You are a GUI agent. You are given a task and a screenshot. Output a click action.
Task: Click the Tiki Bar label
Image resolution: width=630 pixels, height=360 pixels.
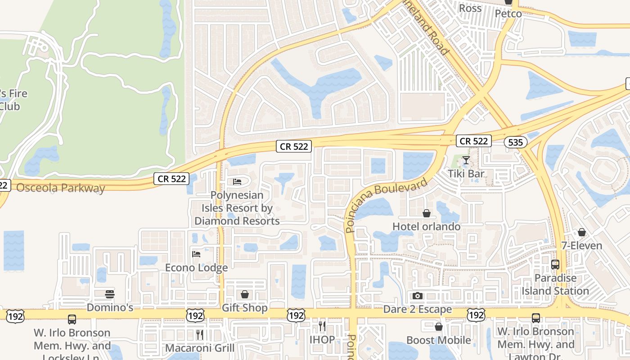466,174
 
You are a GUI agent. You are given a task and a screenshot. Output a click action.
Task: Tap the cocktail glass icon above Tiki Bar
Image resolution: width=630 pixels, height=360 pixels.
466,160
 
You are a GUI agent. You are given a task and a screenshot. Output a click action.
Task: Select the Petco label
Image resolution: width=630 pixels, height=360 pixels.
508,13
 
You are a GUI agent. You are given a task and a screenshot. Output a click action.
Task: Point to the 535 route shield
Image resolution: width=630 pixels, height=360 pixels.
515,143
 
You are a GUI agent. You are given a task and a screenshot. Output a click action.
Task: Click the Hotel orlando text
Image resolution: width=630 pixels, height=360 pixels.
427,226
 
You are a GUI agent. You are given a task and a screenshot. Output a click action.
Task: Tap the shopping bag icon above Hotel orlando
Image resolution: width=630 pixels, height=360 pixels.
426,213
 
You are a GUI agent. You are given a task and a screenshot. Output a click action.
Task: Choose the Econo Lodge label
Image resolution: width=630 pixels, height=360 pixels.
196,268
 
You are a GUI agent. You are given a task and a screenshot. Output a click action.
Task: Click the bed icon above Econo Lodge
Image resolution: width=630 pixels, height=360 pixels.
196,254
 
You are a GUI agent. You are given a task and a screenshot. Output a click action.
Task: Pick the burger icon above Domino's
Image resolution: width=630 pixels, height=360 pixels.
110,294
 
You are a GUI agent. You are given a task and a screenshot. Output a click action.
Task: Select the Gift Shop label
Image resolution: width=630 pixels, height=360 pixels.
245,308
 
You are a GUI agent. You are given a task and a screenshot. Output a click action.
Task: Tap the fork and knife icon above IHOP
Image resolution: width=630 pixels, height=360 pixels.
322,326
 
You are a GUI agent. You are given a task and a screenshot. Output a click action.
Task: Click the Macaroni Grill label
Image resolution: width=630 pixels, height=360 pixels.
200,348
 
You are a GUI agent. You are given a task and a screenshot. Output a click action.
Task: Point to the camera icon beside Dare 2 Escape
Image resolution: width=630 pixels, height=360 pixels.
418,296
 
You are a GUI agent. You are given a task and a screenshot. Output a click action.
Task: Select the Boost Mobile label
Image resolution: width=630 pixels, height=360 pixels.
439,340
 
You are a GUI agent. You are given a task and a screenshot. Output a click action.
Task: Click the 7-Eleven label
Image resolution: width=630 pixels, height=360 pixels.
581,246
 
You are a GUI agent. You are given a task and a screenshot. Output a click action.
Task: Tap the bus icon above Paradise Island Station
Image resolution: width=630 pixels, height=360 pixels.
555,265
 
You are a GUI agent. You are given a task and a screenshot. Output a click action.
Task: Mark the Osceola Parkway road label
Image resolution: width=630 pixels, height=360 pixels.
61,188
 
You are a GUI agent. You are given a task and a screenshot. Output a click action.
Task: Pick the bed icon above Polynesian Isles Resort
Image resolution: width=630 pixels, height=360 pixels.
237,182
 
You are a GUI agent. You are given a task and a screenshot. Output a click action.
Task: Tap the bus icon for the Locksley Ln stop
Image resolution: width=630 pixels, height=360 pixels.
72,319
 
